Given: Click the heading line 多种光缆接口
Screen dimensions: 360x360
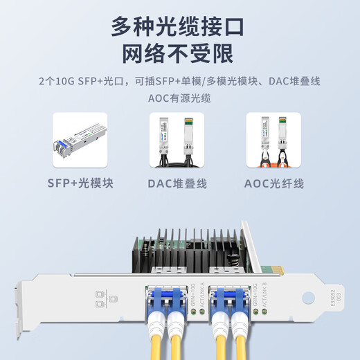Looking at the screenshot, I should click(x=179, y=26).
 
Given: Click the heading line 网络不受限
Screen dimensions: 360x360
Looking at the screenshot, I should click(x=179, y=53).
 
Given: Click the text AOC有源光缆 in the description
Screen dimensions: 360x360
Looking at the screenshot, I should click(x=179, y=98).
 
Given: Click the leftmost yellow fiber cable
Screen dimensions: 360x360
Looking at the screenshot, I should click(x=155, y=343).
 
